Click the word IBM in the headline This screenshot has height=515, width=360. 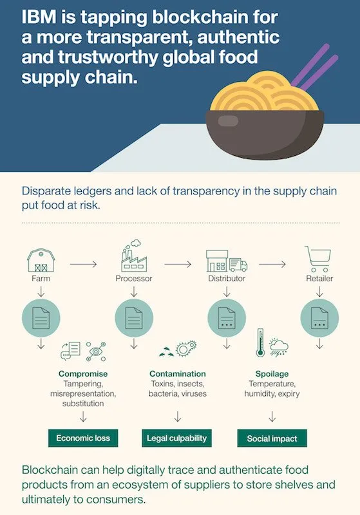coord(39,17)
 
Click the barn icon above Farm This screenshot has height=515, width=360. coord(41,260)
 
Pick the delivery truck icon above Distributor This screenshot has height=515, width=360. coord(238,265)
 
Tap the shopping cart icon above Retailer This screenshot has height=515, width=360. coord(317,259)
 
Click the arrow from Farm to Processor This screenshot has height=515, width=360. coord(83,264)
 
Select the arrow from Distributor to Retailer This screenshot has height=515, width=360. coord(272,264)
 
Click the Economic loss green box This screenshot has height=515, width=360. coord(83,438)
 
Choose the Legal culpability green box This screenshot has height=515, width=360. coord(176,438)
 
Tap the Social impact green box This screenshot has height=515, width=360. coord(272,438)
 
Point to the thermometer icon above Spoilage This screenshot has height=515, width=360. coord(260,342)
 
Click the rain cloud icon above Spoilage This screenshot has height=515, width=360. coord(279,347)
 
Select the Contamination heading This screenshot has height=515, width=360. coord(178,374)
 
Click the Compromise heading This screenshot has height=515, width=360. coord(83,374)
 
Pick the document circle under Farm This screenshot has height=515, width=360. coord(41,317)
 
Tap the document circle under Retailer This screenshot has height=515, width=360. coord(319,317)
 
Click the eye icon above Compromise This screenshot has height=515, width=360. coord(96,351)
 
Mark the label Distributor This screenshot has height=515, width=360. coord(227,279)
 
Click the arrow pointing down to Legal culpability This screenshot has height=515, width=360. coord(178,417)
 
